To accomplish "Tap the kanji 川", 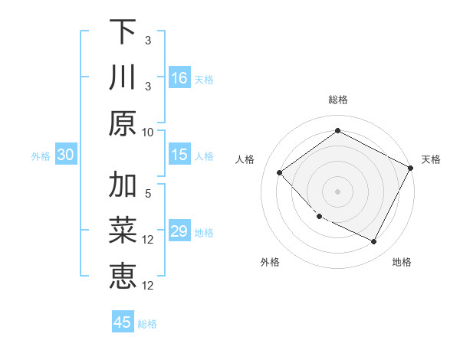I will point(123,78).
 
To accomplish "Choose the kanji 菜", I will point(123,230).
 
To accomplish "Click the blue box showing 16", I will point(179,78).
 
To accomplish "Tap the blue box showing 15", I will point(179,155).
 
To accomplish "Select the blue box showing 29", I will point(179,231).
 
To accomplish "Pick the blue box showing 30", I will point(65,155).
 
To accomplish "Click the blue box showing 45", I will point(123,322).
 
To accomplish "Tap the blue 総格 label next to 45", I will point(148,324).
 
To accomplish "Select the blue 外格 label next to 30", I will point(41,156).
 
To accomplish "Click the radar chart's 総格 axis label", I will point(337,100).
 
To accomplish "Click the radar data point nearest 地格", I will point(374,242).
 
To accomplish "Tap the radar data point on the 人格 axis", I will point(280,172).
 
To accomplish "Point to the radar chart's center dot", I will point(337,191).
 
